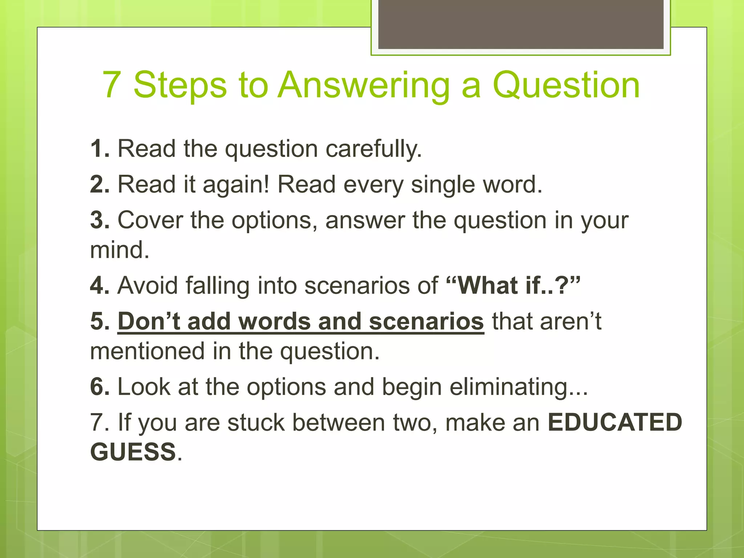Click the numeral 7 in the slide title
tap(112, 85)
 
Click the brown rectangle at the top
tap(521, 24)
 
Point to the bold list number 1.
tap(99, 149)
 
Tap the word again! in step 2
tap(236, 185)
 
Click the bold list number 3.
tap(100, 220)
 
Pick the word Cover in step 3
tap(150, 220)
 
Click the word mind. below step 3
tap(120, 250)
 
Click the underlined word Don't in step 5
tap(149, 322)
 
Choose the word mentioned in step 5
tap(147, 351)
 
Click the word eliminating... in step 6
tap(518, 387)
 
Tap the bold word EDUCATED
tap(615, 422)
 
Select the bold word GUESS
tap(133, 452)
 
